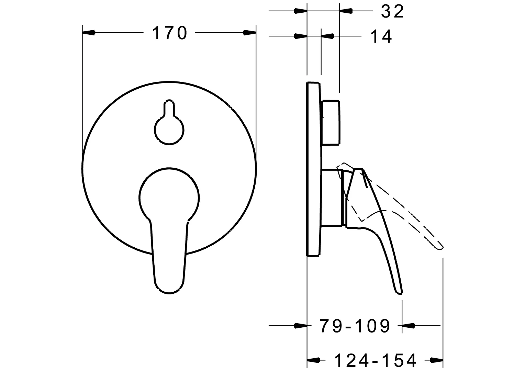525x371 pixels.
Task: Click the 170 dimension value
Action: click(169, 33)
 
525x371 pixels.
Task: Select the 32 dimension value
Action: click(392, 12)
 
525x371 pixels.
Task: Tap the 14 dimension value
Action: click(381, 36)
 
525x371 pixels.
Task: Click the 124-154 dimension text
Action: click(375, 360)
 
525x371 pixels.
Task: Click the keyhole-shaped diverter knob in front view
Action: click(169, 127)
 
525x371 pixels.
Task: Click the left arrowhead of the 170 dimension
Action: click(89, 33)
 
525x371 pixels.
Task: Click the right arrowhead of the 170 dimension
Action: click(250, 33)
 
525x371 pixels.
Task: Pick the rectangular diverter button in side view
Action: click(331, 122)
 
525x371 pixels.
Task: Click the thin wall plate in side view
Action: click(314, 168)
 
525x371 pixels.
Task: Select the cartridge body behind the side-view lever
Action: click(332, 198)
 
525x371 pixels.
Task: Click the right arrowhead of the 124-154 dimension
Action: click(436, 360)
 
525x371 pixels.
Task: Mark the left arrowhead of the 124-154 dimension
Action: click(313, 360)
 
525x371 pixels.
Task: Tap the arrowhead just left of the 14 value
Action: click(328, 36)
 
